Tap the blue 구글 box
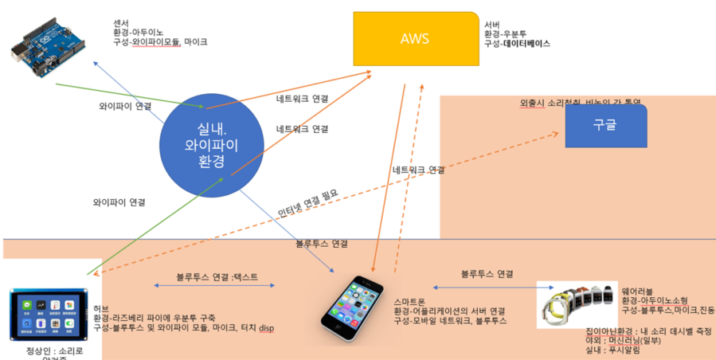(x=605, y=125)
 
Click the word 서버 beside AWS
(x=492, y=25)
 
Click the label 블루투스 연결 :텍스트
(x=217, y=278)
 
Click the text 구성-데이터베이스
(x=517, y=44)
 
